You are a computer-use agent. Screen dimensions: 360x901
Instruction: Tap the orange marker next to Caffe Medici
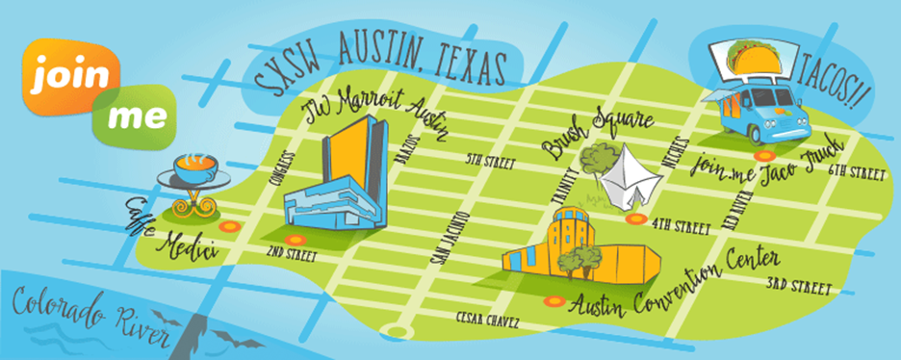228,226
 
